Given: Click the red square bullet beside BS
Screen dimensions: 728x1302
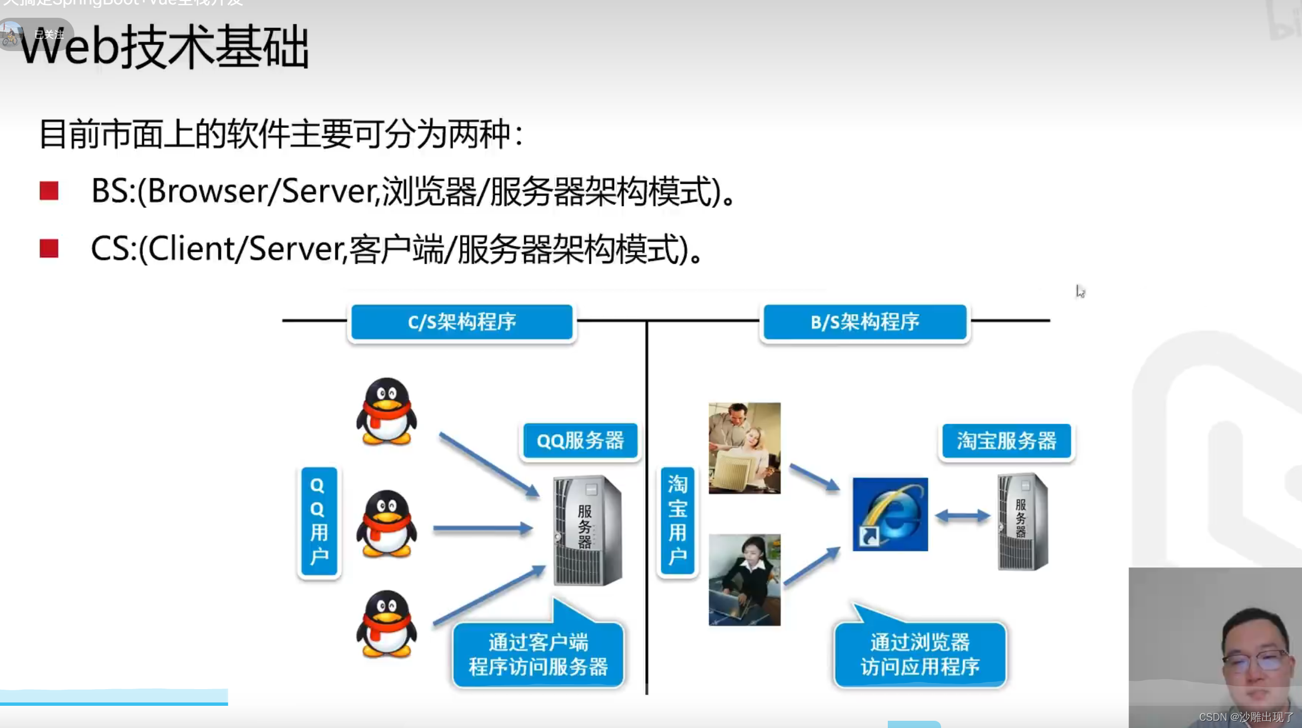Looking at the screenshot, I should [x=49, y=191].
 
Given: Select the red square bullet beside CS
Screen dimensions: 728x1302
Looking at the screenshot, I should [x=49, y=248].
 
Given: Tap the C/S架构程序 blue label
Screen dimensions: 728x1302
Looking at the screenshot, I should [x=462, y=322].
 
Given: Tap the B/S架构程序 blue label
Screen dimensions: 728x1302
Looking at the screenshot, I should [x=864, y=322].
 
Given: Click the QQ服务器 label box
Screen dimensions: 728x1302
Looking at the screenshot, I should [x=580, y=441].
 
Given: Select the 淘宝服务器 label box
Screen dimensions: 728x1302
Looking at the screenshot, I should [x=1006, y=441].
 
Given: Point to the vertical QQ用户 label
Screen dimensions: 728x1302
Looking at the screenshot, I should [x=319, y=521].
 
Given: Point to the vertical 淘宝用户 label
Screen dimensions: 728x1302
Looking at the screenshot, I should [x=677, y=521].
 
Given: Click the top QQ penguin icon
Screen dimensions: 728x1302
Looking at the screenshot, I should [x=386, y=411].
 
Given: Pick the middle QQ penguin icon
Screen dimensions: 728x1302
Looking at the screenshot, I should [x=386, y=524].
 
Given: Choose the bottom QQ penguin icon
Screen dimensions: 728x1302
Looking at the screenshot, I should [x=386, y=624].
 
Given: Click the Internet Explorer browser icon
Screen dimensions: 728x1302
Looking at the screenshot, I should [x=890, y=514].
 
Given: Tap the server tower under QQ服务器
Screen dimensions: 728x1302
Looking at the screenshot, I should [x=587, y=530].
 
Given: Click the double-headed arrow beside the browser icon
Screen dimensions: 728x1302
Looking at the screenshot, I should [x=962, y=516].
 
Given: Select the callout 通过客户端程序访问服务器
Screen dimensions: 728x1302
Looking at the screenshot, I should [x=538, y=655].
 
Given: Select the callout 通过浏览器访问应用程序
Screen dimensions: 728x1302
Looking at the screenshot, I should [x=920, y=655].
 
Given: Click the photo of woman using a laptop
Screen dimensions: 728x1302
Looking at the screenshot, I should [x=745, y=580].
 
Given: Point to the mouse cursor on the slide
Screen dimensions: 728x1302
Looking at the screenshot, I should [x=1079, y=291].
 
